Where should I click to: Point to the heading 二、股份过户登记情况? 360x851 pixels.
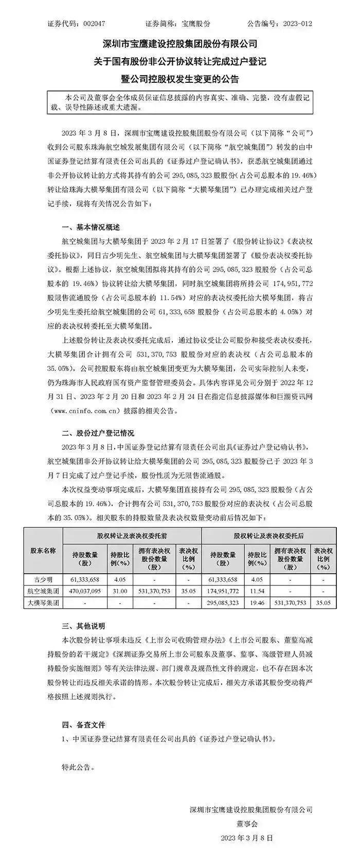(x=97, y=434)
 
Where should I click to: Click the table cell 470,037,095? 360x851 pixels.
(x=84, y=591)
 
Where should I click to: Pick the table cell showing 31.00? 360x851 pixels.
(x=120, y=591)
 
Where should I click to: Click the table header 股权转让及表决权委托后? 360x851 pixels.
(x=268, y=536)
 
